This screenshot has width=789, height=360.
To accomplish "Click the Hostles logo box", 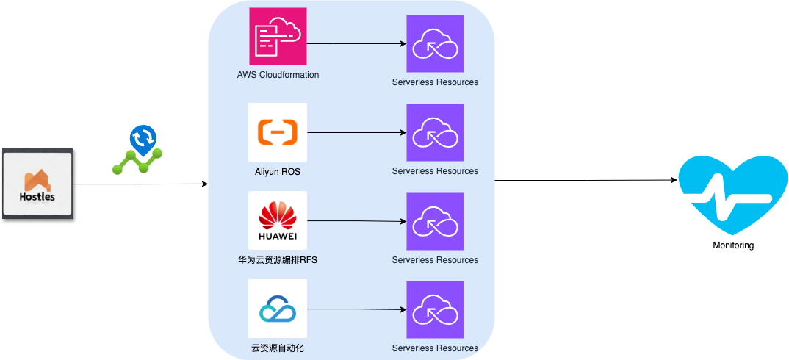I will click(37, 184).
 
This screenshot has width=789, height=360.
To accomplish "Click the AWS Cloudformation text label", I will click(278, 75).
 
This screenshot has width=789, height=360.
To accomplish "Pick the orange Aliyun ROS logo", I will click(278, 132).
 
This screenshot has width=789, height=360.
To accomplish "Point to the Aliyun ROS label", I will click(278, 172).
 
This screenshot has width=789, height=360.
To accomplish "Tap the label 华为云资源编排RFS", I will click(278, 260).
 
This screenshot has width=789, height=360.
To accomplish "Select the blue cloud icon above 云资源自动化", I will click(278, 309).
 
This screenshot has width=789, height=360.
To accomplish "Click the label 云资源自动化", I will click(278, 348).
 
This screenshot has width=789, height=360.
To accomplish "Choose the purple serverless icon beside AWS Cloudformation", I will click(435, 43).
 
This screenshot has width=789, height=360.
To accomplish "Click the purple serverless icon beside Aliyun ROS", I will click(435, 132).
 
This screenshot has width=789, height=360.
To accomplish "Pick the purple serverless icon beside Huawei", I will click(435, 221).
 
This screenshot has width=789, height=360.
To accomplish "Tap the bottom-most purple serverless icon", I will click(435, 309).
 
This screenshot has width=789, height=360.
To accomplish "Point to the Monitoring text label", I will click(732, 245).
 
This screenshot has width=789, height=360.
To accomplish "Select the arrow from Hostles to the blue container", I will click(140, 184).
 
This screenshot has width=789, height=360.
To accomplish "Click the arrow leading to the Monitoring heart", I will click(584, 180).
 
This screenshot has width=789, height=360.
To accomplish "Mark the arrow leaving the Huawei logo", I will click(356, 221).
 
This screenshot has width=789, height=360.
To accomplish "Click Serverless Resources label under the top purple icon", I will click(435, 82).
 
